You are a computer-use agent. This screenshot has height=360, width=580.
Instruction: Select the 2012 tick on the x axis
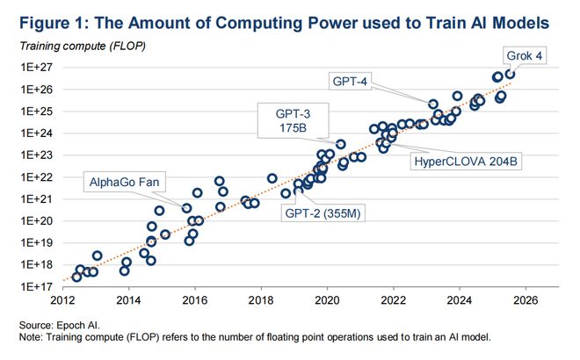[x=62, y=299]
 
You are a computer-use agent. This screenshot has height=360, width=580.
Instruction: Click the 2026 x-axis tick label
[x=526, y=299]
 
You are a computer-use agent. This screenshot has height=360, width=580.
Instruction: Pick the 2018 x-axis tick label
[x=261, y=299]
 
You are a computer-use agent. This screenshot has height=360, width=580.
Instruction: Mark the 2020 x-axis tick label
[x=327, y=299]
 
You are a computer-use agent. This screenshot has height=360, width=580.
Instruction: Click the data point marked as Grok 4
[x=510, y=74]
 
